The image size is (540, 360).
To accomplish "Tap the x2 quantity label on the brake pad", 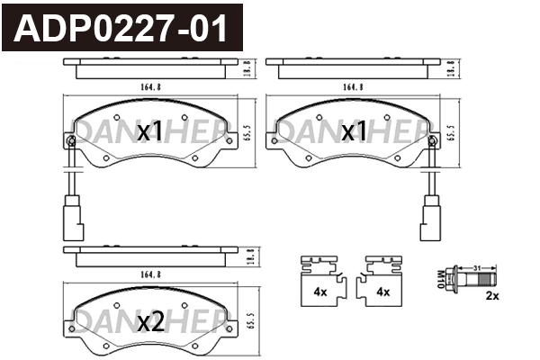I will [149, 321].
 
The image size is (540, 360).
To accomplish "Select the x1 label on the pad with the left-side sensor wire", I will [149, 132].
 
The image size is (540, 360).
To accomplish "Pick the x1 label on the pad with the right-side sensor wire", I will [355, 132].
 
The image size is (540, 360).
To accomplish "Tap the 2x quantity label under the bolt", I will [492, 295].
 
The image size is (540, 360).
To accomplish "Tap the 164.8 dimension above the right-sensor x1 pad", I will [353, 87].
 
